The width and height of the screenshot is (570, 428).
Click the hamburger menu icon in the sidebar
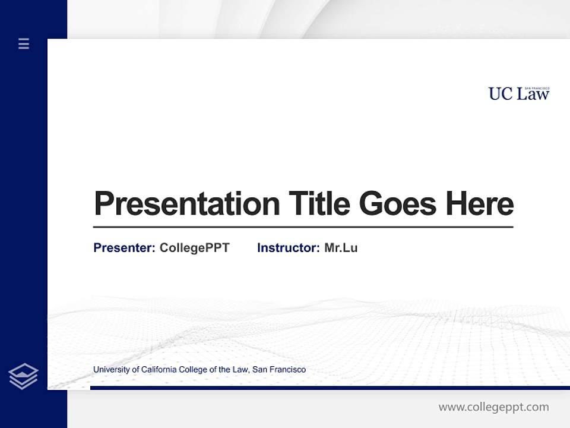24,43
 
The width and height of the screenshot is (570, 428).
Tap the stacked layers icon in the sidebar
23,376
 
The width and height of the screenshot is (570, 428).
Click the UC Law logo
519,93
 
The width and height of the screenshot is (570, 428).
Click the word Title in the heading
319,203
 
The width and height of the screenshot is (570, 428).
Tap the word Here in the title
479,203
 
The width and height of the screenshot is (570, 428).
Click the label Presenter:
124,248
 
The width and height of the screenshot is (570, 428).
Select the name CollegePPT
194,248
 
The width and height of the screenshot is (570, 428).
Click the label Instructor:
288,248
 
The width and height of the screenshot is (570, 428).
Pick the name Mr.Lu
341,248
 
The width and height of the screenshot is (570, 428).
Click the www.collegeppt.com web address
493,407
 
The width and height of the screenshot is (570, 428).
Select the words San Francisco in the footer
279,370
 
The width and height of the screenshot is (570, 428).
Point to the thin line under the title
303,227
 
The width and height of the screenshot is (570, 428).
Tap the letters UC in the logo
501,94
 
